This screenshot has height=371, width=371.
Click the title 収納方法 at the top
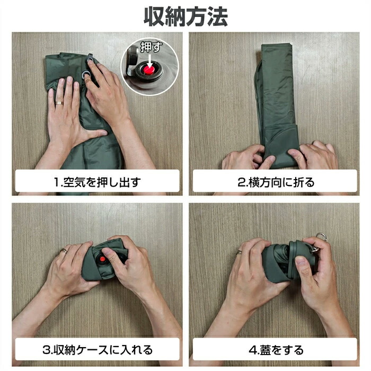[x=185, y=16]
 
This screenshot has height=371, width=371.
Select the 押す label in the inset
[x=151, y=47]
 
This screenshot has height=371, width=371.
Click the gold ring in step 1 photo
[x=59, y=103]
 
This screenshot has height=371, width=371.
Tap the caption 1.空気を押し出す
[x=97, y=182]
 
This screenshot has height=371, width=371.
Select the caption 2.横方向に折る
[x=276, y=182]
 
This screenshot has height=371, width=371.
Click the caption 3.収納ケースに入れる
[x=98, y=350]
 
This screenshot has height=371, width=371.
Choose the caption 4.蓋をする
[x=276, y=350]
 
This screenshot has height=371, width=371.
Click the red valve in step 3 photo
[x=102, y=259]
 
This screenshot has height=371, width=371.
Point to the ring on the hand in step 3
[x=64, y=251]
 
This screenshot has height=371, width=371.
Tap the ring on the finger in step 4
[x=238, y=252]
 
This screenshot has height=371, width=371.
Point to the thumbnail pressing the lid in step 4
[x=301, y=261]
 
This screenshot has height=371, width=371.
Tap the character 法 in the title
[x=217, y=16]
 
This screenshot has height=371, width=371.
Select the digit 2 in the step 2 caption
[x=241, y=182]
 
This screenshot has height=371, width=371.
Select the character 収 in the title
[x=154, y=16]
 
